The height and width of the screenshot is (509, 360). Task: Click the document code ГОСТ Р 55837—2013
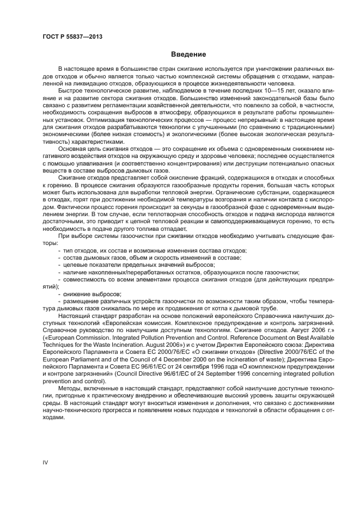pyautogui.click(x=72, y=37)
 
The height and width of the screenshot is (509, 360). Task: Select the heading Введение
pyautogui.click(x=187, y=54)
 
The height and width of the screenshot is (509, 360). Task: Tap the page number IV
pyautogui.click(x=46, y=462)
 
